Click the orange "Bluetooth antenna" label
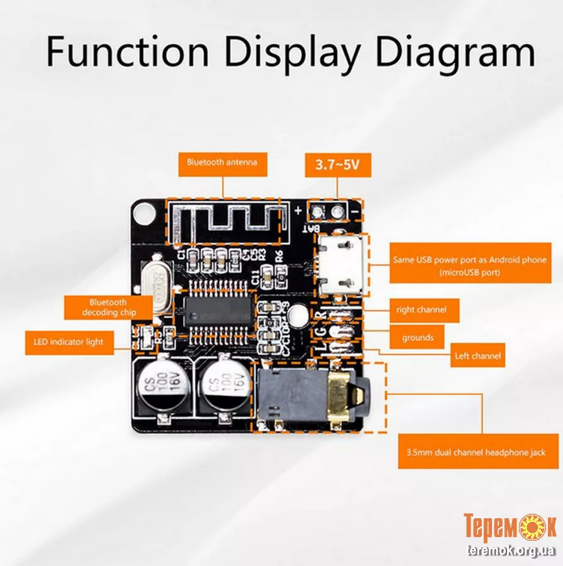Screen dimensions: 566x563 pos(221,162)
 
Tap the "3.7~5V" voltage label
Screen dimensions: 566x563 pos(338,165)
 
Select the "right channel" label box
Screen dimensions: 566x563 pos(421,310)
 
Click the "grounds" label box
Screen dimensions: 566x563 pos(418,338)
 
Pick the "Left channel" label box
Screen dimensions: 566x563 pos(477,356)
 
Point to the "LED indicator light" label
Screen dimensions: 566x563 pos(69,342)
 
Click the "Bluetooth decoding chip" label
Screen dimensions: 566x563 pos(109,308)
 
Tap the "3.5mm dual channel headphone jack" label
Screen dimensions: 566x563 pos(477,452)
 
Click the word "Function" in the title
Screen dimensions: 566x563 pos(128,53)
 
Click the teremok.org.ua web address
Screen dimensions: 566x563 pos(511,551)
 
